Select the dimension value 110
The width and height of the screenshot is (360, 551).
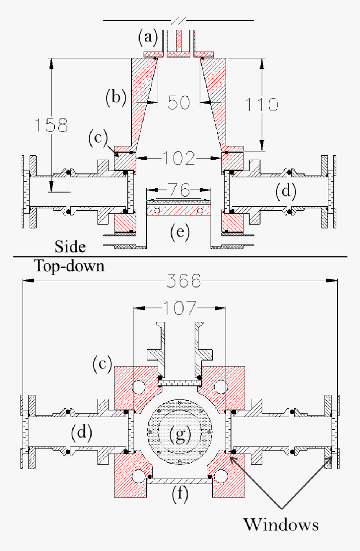pyautogui.click(x=262, y=104)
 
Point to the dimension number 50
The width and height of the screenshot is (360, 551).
pyautogui.click(x=179, y=102)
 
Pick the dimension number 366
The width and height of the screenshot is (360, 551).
pyautogui.click(x=183, y=281)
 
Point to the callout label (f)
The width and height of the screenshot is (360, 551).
pyautogui.click(x=180, y=494)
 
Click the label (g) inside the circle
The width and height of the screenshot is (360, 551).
pyautogui.click(x=180, y=435)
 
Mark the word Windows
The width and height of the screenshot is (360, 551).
pyautogui.click(x=281, y=524)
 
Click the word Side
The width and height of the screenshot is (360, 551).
pyautogui.click(x=70, y=246)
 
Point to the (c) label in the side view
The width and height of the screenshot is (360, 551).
pyautogui.click(x=98, y=137)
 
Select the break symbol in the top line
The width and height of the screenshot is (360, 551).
pyautogui.click(x=178, y=20)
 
